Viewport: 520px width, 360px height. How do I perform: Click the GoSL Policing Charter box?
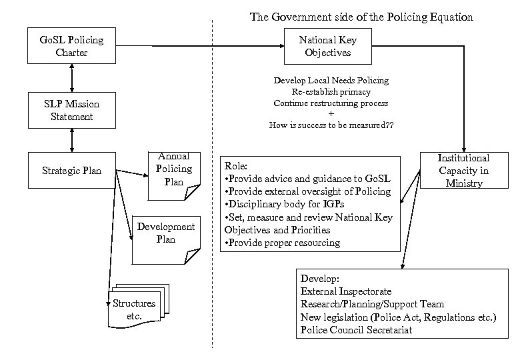tap(71, 46)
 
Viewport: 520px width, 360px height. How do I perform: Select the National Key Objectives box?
tap(327, 46)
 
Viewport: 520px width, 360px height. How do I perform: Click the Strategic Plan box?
tap(71, 171)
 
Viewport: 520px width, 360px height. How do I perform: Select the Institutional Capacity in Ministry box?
tap(463, 171)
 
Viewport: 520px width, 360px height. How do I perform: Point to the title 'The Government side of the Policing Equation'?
tap(361, 17)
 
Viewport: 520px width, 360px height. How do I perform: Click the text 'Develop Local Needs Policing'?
tap(331, 80)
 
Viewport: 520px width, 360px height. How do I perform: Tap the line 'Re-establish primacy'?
tap(331, 91)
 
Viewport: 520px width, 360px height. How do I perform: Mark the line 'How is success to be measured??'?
tap(331, 125)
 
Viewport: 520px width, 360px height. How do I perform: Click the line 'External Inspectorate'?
tap(346, 291)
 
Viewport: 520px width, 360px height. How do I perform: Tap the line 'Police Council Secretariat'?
tap(356, 330)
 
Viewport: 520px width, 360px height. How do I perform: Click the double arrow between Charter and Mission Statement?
tap(71, 78)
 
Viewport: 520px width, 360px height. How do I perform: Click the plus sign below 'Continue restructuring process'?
tap(331, 114)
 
